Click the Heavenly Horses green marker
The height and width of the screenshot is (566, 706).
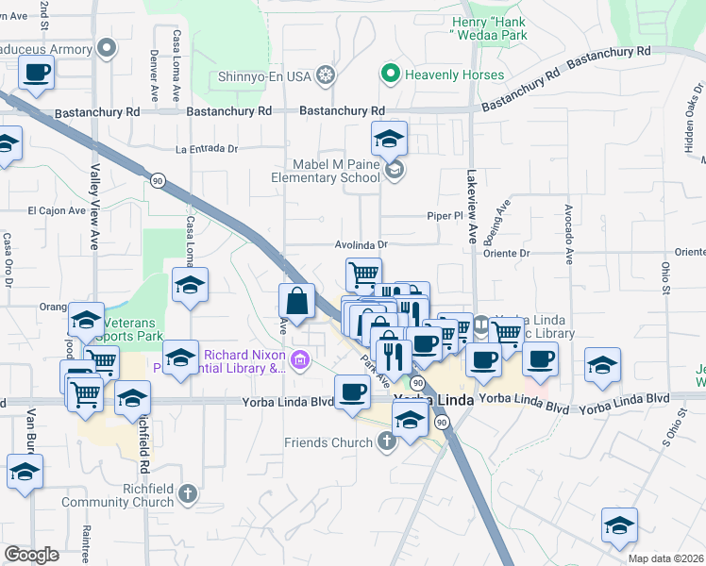tap(388, 74)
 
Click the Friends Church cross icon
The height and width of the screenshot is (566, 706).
tap(386, 441)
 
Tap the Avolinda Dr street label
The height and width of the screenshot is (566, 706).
tap(361, 244)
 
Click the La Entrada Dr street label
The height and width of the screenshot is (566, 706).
tap(207, 149)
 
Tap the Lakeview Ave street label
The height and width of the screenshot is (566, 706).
tap(472, 208)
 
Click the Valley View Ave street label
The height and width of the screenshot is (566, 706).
tap(94, 208)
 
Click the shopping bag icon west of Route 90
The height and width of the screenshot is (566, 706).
tap(296, 302)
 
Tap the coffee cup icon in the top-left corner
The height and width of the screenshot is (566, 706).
tap(36, 73)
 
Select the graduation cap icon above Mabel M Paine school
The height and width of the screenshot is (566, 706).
tap(389, 139)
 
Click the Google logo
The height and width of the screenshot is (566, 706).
tap(31, 555)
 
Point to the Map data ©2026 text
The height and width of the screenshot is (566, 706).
tap(665, 558)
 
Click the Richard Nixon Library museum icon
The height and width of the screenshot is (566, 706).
tap(301, 358)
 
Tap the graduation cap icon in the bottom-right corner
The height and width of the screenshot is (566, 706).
tap(619, 525)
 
